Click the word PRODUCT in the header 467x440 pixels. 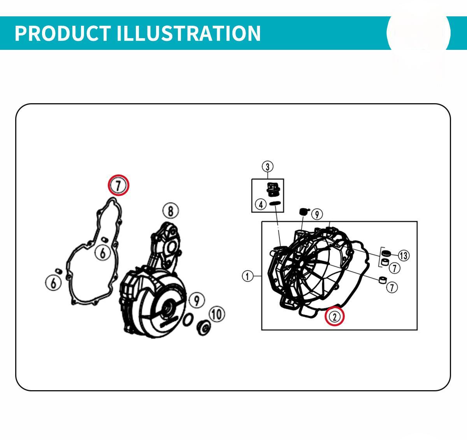click(63, 33)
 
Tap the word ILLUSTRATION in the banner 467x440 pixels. click(189, 33)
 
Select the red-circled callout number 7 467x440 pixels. click(119, 185)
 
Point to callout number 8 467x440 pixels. click(170, 211)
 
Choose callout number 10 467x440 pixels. click(217, 315)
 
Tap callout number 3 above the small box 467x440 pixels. click(268, 167)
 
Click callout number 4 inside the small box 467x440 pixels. click(261, 205)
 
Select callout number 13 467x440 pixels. click(404, 255)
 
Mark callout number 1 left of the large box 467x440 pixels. click(248, 276)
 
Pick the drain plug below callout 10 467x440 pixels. click(204, 328)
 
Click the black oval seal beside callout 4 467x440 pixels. click(275, 203)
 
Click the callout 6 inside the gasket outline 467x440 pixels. click(103, 253)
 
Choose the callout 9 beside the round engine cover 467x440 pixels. click(197, 301)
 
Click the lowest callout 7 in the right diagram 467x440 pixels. click(392, 287)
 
